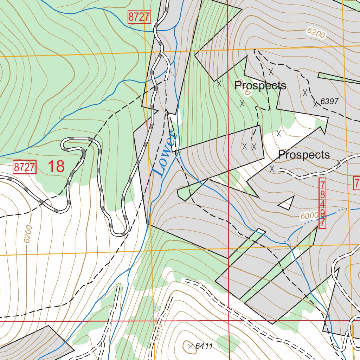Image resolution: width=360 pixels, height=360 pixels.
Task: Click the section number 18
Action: pyautogui.click(x=56, y=166)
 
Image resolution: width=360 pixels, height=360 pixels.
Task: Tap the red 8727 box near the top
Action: pyautogui.click(x=139, y=17)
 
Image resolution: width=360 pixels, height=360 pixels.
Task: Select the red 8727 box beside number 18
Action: pyautogui.click(x=25, y=167)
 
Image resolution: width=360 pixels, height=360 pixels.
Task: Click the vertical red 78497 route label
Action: pyautogui.click(x=322, y=203)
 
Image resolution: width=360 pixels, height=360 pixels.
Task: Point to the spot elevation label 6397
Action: pyautogui.click(x=329, y=102)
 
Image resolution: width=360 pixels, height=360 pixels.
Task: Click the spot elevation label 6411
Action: pyautogui.click(x=204, y=346)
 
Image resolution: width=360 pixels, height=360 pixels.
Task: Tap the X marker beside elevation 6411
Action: pyautogui.click(x=191, y=347)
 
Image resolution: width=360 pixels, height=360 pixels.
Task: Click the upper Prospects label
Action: pyautogui.click(x=260, y=85)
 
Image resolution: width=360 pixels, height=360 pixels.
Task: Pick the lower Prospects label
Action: pyautogui.click(x=304, y=155)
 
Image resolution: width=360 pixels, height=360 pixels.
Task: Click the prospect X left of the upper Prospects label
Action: pyautogui.click(x=219, y=84)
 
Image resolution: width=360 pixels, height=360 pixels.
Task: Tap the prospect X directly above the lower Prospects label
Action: pyautogui.click(x=279, y=133)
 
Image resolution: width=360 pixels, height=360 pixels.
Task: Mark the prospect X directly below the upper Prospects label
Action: pyautogui.click(x=242, y=103)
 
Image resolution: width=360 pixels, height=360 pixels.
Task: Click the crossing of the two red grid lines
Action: pyautogui.click(x=229, y=321)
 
